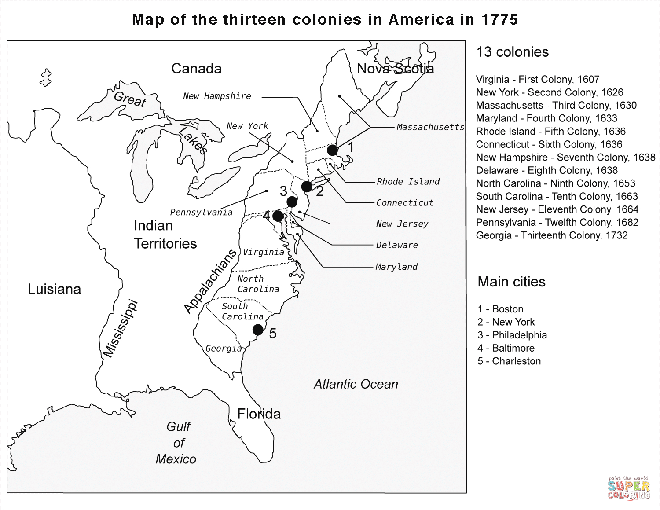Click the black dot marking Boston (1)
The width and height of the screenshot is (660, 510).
pyautogui.click(x=333, y=150)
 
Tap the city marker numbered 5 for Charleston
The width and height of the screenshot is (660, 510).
pyautogui.click(x=258, y=330)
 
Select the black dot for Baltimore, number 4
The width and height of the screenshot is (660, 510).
pyautogui.click(x=278, y=216)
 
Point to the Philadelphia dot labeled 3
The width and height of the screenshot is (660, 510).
pyautogui.click(x=292, y=202)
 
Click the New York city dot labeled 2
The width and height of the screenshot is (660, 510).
pyautogui.click(x=307, y=187)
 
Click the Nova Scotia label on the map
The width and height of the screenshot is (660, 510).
pyautogui.click(x=395, y=69)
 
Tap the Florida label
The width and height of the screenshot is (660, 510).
pyautogui.click(x=259, y=414)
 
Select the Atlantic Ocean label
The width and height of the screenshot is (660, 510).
pyautogui.click(x=356, y=384)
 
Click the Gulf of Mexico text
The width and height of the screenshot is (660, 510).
pyautogui.click(x=176, y=443)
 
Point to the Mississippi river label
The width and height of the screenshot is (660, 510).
pyautogui.click(x=120, y=328)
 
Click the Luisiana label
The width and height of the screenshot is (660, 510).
pyautogui.click(x=54, y=289)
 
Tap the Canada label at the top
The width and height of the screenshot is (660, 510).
pyautogui.click(x=196, y=69)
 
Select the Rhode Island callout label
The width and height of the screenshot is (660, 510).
pyautogui.click(x=408, y=182)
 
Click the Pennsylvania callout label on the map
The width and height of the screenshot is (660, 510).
pyautogui.click(x=201, y=213)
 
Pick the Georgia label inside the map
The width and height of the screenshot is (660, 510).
pyautogui.click(x=224, y=349)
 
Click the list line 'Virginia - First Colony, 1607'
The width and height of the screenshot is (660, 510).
pyautogui.click(x=537, y=80)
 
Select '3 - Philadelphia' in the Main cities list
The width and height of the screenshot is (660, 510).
pyautogui.click(x=512, y=335)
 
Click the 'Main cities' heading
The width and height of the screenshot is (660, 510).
pyautogui.click(x=511, y=282)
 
